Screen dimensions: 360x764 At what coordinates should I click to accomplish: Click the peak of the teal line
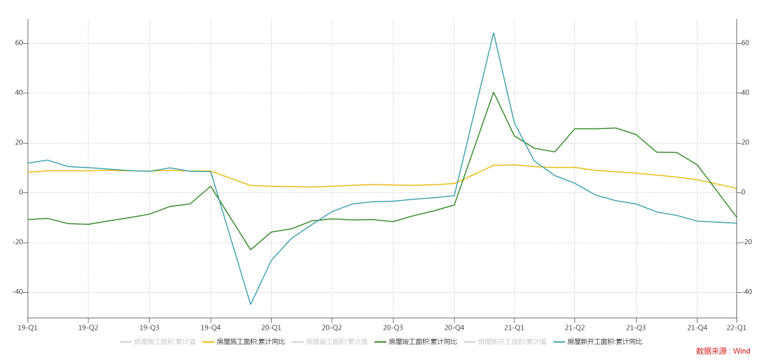493,33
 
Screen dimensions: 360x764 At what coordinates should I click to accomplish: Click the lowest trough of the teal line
250,304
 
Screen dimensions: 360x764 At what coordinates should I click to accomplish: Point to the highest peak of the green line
493,92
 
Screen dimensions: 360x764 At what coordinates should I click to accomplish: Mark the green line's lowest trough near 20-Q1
250,250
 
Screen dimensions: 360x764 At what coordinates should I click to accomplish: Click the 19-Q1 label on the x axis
28,327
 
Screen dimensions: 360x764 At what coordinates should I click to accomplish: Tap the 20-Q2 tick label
332,327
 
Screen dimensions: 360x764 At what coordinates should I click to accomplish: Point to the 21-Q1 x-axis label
514,327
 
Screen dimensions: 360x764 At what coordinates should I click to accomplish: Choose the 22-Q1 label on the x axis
736,327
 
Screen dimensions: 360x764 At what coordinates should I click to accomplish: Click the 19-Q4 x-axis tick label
210,327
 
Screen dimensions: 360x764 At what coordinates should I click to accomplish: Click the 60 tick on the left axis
19,43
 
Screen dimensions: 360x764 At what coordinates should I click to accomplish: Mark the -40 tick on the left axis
18,292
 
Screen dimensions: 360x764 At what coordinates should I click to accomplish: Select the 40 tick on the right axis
745,93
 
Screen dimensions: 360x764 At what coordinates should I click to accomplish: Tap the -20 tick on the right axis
746,242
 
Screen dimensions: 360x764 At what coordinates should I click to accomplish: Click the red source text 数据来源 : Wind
723,351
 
